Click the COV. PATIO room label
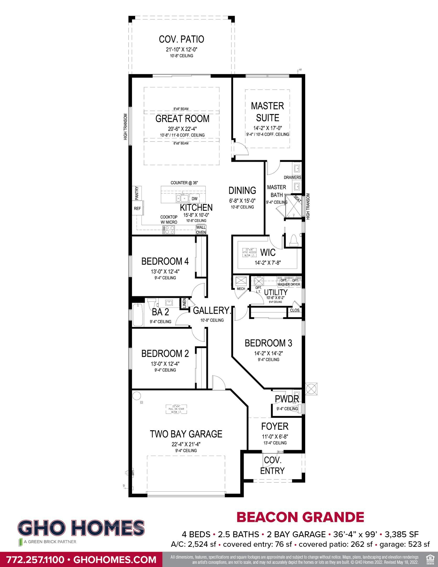pyautogui.click(x=181, y=39)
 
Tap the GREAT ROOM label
pyautogui.click(x=182, y=119)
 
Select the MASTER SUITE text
pyautogui.click(x=267, y=112)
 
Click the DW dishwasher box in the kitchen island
pyautogui.click(x=194, y=199)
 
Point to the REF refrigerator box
pyautogui.click(x=137, y=208)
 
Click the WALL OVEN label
pyautogui.click(x=201, y=230)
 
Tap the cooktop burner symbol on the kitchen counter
pyautogui.click(x=169, y=230)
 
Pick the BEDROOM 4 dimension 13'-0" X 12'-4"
pyautogui.click(x=165, y=271)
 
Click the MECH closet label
pyautogui.click(x=241, y=289)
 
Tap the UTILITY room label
pyautogui.click(x=276, y=292)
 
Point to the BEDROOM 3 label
pyautogui.click(x=268, y=343)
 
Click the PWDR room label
pyautogui.click(x=287, y=399)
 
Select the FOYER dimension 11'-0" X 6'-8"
pyautogui.click(x=275, y=437)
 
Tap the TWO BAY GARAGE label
pyautogui.click(x=186, y=434)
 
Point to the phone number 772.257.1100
pyautogui.click(x=35, y=560)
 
